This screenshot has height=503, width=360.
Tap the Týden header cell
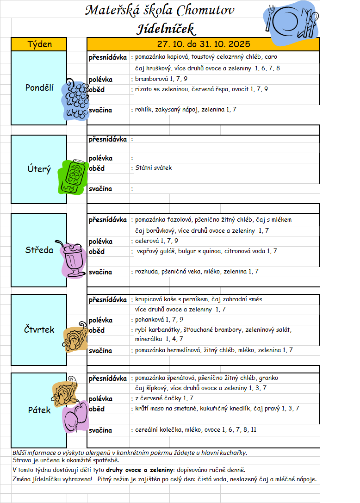coord(39,44)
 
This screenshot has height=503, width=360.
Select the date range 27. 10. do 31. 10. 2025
coord(203,44)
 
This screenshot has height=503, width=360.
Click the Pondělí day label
coord(39,87)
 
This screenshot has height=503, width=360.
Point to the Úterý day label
coord(39,169)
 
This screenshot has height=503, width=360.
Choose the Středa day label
coord(39,250)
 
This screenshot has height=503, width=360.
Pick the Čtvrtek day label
coord(39,330)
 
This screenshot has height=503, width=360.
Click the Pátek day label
coord(39,410)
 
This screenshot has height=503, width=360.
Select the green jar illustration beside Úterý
coord(74,177)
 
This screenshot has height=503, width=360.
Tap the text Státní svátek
coord(153,168)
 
